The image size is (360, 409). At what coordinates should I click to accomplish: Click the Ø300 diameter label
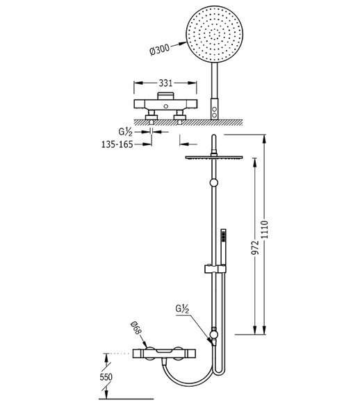coord(160,49)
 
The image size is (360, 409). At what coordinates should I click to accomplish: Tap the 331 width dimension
coord(166,83)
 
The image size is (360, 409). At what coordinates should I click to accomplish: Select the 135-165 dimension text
coord(117,144)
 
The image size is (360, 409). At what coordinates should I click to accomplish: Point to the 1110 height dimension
coord(265,229)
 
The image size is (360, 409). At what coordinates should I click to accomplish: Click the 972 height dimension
coord(255,247)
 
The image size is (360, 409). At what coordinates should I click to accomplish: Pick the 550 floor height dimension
coord(106,377)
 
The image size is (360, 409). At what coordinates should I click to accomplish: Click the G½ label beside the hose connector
coord(182,309)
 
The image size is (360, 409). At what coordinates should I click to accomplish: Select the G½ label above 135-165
coord(126,132)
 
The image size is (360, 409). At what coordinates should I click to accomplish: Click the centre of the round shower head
coord(215,35)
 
